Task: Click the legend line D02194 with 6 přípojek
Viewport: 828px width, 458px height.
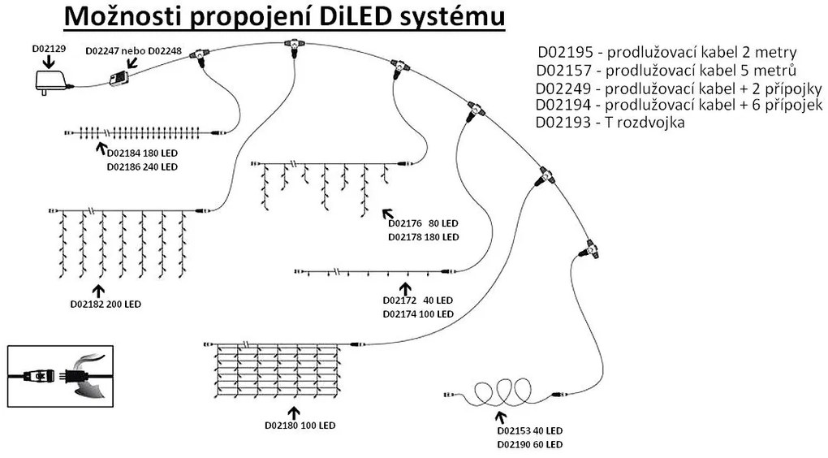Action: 679,106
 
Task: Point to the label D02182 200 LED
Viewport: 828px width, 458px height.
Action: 106,305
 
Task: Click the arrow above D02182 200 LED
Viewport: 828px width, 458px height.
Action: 99,289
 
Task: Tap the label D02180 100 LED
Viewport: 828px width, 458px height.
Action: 300,425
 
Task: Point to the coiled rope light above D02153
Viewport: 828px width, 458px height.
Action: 495,391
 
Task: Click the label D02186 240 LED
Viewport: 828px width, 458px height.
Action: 141,166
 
